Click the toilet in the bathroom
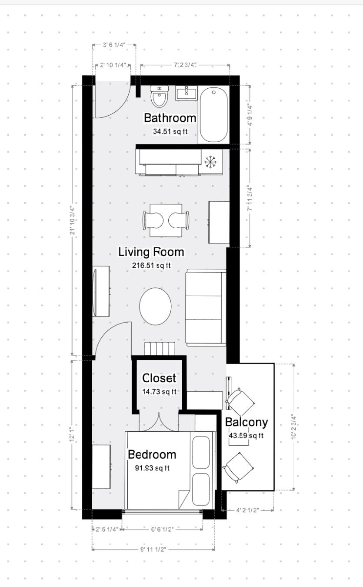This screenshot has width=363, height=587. pyautogui.click(x=160, y=97)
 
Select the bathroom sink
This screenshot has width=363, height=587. pyautogui.click(x=186, y=93)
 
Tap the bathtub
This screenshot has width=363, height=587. pyautogui.click(x=213, y=115)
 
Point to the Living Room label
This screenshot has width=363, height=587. pyautogui.click(x=151, y=252)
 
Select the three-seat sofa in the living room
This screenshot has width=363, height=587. pyautogui.click(x=206, y=307)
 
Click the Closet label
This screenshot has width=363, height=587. pyautogui.click(x=159, y=378)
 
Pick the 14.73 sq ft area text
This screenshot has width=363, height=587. pyautogui.click(x=159, y=392)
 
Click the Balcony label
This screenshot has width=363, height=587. pyautogui.click(x=246, y=422)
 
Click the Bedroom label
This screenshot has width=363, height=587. pyautogui.click(x=152, y=454)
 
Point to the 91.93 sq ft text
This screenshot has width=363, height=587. pyautogui.click(x=152, y=468)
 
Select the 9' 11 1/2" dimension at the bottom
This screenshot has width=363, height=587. pyautogui.click(x=153, y=549)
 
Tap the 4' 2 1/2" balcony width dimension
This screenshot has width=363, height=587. pyautogui.click(x=247, y=510)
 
